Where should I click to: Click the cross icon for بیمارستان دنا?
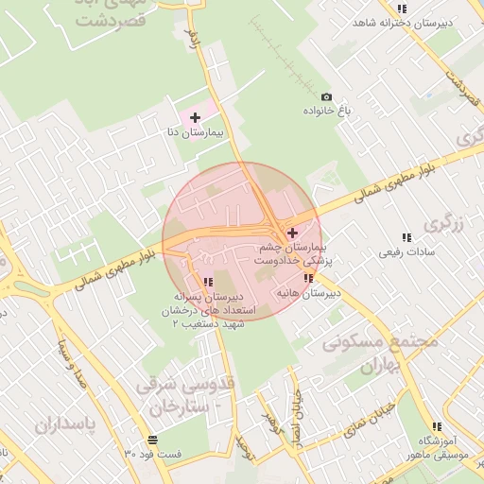pos(195,117)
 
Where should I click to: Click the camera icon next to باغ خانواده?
pos(327,96)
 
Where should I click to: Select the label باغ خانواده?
pos(327,112)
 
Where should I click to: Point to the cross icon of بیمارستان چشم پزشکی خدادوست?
pos(292,233)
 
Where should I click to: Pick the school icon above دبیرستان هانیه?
pos(308,278)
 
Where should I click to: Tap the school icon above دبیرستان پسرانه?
pos(208,281)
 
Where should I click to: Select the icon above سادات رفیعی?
pos(406,237)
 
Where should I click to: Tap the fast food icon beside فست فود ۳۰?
pos(152,440)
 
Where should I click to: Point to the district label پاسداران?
pos(66,424)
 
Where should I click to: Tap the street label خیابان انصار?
pos(295,413)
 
